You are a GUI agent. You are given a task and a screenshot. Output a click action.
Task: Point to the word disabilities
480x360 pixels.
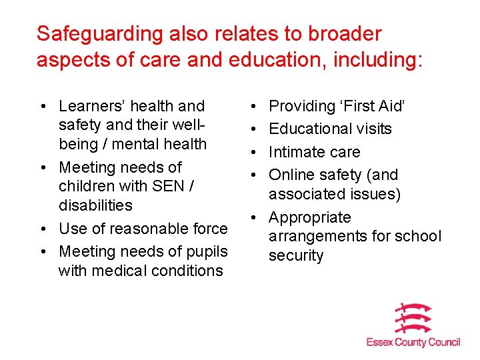pos(95,205)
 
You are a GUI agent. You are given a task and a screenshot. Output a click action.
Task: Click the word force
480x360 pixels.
pos(209,229)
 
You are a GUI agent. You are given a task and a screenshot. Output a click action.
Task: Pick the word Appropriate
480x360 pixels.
pos(309,217)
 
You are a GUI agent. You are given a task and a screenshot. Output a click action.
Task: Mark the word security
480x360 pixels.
pos(296,256)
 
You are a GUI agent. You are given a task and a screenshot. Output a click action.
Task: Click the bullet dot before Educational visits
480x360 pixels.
pos(256,129)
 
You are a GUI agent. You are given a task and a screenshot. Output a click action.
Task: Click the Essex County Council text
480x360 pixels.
pos(413,342)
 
